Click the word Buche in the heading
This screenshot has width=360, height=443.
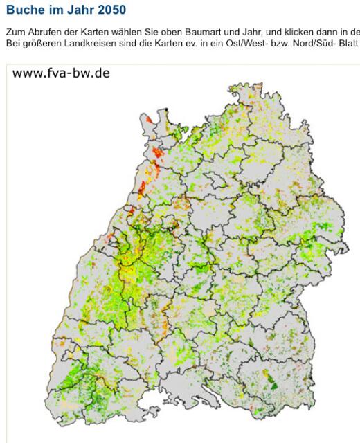tap(24, 12)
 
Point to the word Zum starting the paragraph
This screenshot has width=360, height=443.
tap(14, 32)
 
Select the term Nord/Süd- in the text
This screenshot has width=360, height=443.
tap(305, 42)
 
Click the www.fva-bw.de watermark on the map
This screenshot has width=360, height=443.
tap(61, 73)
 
